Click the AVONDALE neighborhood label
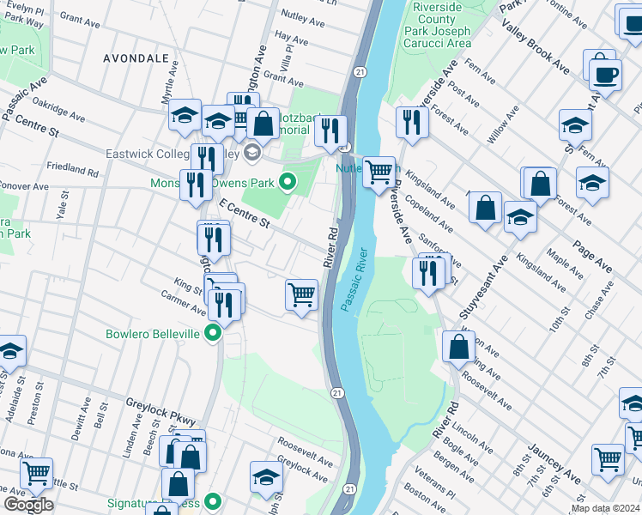[135, 58]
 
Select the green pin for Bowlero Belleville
[213, 333]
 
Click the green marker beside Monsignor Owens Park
[288, 182]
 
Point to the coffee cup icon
[605, 75]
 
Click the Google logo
[28, 505]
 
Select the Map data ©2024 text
[605, 508]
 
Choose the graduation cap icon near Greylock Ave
[267, 477]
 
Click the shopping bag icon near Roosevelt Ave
[459, 346]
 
